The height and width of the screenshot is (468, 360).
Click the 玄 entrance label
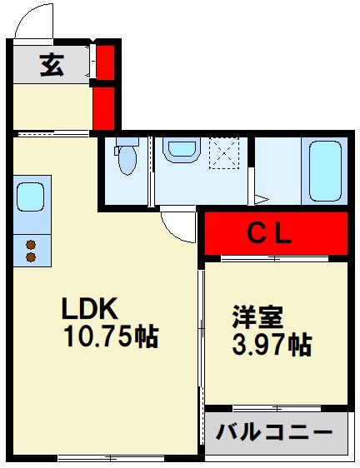[x=52, y=65]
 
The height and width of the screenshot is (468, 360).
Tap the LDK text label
[x=89, y=308]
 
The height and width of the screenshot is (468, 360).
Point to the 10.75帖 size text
[x=111, y=336]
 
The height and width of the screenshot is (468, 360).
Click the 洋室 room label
[x=257, y=317]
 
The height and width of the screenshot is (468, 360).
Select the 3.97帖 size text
[x=272, y=345]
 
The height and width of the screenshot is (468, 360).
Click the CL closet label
[x=269, y=234]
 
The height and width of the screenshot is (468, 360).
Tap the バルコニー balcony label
[x=273, y=431]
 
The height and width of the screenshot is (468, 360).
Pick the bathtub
[x=325, y=171]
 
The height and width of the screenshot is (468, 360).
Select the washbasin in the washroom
[x=181, y=150]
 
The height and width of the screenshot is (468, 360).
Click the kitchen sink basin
[x=30, y=197]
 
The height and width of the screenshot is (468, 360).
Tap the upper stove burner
[x=31, y=245]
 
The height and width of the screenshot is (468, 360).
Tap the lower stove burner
[x=31, y=257]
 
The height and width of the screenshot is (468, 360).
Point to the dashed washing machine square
[x=224, y=153]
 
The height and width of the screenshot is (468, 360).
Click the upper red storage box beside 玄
[x=105, y=62]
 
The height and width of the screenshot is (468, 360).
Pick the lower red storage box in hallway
[x=103, y=108]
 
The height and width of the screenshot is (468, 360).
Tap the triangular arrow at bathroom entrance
[x=262, y=199]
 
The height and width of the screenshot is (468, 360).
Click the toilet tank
[x=127, y=142]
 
